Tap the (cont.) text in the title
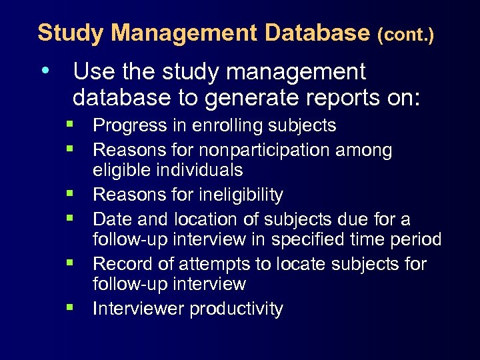coord(405,34)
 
